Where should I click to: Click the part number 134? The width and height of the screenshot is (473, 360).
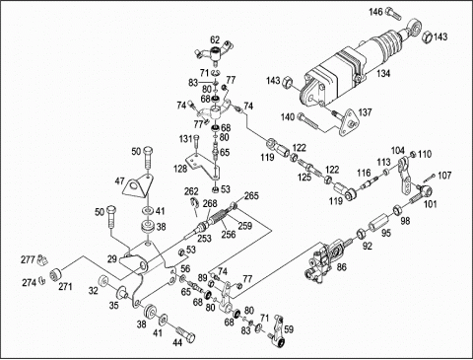tap(383, 73)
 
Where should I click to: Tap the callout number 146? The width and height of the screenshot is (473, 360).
tap(375, 12)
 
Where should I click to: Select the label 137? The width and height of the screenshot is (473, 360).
tap(365, 112)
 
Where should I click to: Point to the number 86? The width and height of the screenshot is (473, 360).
tap(342, 267)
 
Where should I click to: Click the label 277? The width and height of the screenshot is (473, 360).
tap(28, 259)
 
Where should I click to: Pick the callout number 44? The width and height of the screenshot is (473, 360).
tap(177, 342)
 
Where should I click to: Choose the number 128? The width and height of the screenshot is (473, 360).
tap(180, 169)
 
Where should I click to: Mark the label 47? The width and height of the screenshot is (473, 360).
tap(119, 180)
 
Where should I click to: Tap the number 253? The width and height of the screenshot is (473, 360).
tap(204, 238)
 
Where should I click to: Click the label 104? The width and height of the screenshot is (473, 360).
tap(398, 151)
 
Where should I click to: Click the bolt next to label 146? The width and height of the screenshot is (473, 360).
tap(392, 13)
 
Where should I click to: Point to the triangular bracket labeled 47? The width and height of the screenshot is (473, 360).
tap(138, 185)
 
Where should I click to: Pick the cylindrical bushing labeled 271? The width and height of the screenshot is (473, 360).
tap(55, 275)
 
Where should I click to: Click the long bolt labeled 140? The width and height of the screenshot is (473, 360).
tap(308, 121)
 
